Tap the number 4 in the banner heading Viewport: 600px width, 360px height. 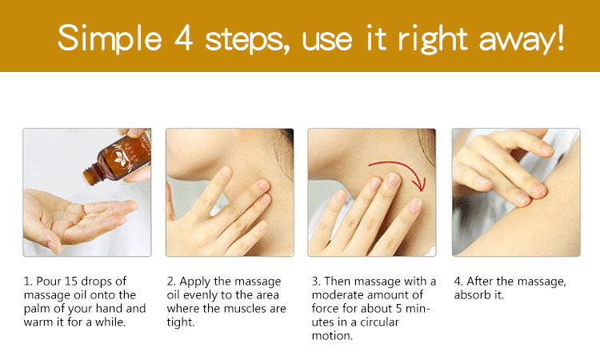pyautogui.click(x=184, y=38)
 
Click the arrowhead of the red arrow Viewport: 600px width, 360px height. pyautogui.click(x=421, y=184)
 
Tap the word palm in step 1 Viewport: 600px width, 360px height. pyautogui.click(x=36, y=309)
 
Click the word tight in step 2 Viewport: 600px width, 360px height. pyautogui.click(x=181, y=322)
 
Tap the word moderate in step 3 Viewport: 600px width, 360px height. pyautogui.click(x=336, y=295)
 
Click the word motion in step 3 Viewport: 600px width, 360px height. pyautogui.click(x=332, y=336)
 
